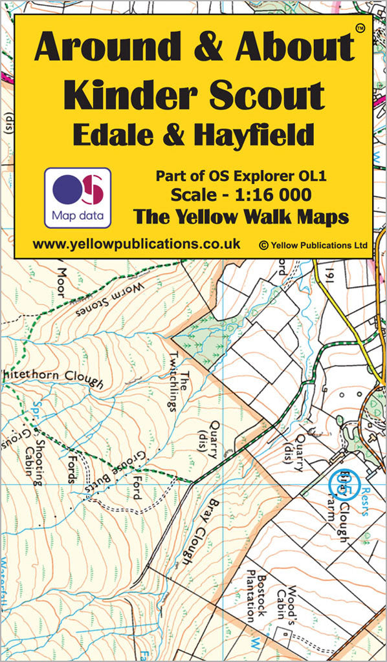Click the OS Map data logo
pyautogui.click(x=77, y=197)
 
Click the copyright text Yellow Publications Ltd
pyautogui.click(x=313, y=245)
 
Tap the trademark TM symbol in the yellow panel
pyautogui.click(x=360, y=27)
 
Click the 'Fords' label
pyautogui.click(x=72, y=464)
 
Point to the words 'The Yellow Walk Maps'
pyautogui.click(x=241, y=217)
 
